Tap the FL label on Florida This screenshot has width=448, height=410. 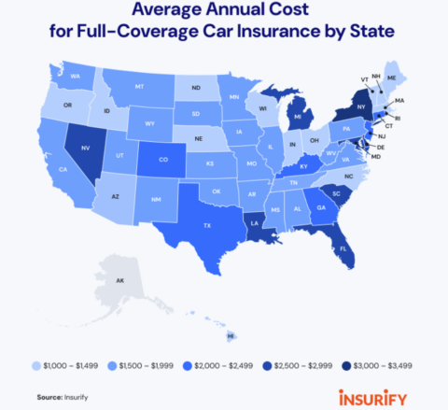[x=343, y=249]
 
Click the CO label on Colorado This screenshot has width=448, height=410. [x=163, y=159]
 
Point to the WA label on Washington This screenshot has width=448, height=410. [x=75, y=76]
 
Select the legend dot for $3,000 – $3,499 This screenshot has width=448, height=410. [x=345, y=367]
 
